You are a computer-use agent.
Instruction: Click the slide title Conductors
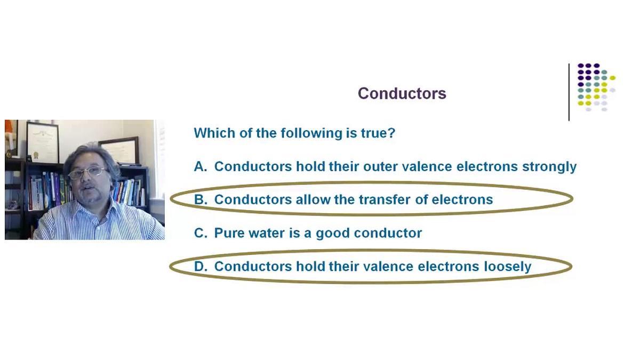click(402, 93)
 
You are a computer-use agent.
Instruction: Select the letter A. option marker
click(201, 166)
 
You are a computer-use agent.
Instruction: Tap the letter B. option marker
click(201, 199)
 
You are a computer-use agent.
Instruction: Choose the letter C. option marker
click(201, 233)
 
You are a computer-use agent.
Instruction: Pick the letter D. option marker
click(201, 266)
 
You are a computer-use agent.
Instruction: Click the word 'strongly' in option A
click(549, 167)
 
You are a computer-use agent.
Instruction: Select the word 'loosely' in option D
click(507, 267)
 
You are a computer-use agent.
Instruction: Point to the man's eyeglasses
click(87, 173)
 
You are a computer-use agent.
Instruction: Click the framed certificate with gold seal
click(43, 142)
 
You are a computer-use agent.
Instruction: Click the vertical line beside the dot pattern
click(569, 92)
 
